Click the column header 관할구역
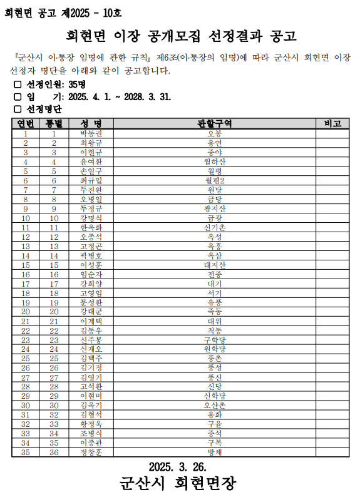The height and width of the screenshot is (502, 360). [214, 123]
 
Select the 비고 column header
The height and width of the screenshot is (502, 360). [332, 123]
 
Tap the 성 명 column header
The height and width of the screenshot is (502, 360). [91, 123]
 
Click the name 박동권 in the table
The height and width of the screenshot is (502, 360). [91, 134]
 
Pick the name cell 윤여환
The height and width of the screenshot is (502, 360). [91, 161]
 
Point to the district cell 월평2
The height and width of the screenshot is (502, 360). [214, 180]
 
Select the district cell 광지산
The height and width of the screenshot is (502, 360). [214, 208]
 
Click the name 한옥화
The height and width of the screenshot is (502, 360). [91, 227]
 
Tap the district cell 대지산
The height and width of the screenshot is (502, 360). [214, 265]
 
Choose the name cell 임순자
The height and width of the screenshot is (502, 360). [91, 274]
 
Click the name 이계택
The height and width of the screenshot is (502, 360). [91, 321]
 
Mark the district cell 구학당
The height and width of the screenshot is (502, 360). [214, 340]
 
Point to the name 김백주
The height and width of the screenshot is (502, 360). [91, 358]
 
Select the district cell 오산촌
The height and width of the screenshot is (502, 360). [214, 405]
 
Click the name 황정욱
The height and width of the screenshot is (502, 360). [91, 424]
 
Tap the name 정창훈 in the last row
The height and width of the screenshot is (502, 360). [91, 452]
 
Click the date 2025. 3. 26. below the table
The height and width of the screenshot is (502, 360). [178, 466]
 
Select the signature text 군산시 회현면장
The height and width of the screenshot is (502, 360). [178, 484]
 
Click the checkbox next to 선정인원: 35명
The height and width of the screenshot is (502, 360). [18, 85]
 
